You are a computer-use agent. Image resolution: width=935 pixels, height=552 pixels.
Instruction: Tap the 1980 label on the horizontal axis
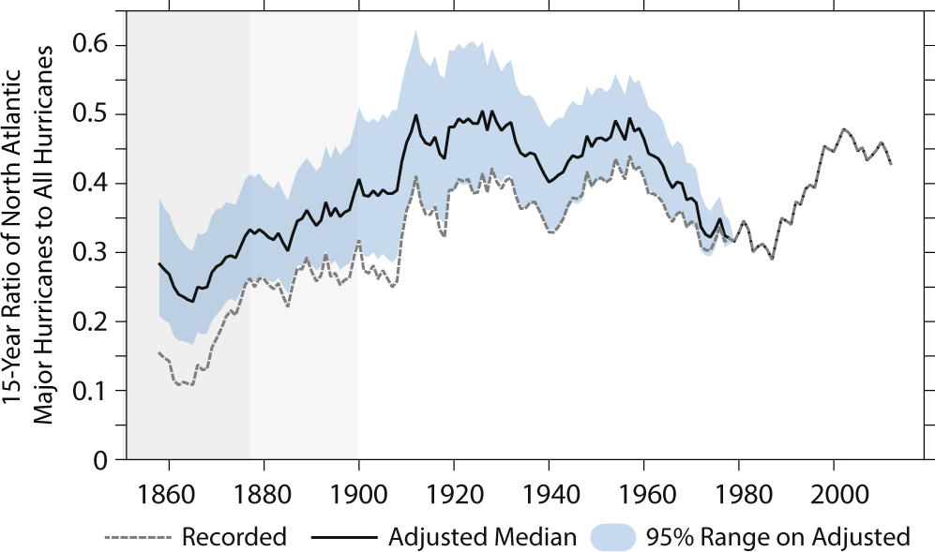pos(739,492)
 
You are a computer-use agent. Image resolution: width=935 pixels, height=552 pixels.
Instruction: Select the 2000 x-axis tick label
pos(835,492)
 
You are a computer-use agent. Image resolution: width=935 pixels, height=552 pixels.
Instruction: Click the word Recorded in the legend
pos(234,537)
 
